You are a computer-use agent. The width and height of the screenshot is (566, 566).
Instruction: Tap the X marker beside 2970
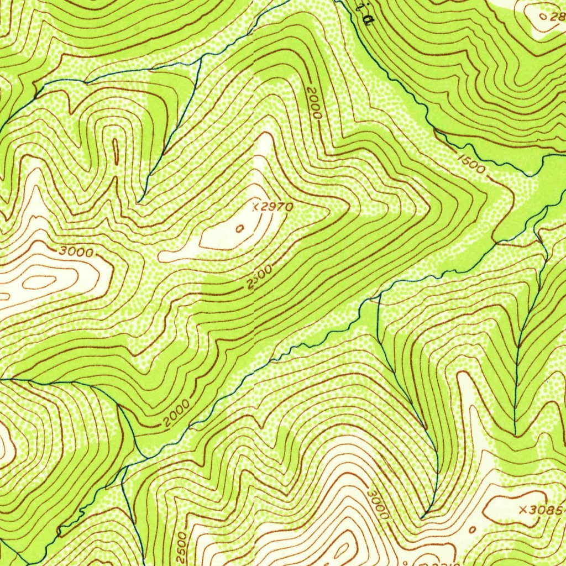pos(255,207)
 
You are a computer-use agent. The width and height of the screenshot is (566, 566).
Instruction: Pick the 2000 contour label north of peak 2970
pos(315,102)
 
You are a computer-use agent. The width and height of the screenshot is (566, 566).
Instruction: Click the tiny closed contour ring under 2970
pos(239,228)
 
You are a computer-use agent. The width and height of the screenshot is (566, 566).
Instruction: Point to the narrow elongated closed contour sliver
pos(116,151)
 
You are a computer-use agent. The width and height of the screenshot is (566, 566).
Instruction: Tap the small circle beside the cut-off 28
pos(542,17)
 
